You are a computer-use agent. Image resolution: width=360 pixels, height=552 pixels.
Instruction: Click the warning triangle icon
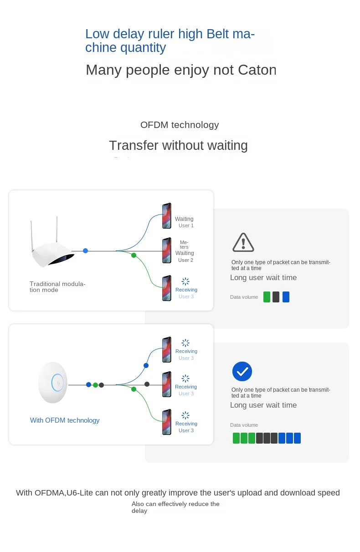(x=243, y=242)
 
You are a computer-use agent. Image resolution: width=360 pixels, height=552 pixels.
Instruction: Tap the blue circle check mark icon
(x=242, y=371)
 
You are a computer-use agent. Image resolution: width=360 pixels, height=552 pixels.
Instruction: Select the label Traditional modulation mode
(x=57, y=287)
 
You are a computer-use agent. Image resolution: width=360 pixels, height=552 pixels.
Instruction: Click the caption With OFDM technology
(x=65, y=420)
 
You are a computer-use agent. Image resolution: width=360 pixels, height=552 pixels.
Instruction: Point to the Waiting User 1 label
(x=184, y=222)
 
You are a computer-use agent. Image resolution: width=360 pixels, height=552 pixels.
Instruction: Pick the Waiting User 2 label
(x=185, y=256)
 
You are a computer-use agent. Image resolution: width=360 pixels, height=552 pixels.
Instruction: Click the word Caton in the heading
(x=257, y=70)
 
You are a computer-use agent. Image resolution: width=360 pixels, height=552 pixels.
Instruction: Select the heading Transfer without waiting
(x=178, y=145)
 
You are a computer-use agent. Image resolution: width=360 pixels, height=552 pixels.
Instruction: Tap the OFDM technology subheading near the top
(x=180, y=125)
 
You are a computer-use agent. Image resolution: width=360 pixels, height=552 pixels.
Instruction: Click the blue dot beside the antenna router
(x=85, y=250)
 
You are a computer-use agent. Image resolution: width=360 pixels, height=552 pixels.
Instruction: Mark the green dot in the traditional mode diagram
(x=134, y=255)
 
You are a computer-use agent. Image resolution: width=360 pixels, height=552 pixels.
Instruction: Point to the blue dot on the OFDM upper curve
(x=146, y=365)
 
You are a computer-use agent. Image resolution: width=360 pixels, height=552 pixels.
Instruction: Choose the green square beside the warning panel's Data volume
(x=267, y=296)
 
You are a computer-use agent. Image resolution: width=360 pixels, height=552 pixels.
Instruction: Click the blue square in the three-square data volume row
(x=286, y=296)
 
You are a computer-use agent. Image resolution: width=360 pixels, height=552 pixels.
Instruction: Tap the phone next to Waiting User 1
(x=167, y=215)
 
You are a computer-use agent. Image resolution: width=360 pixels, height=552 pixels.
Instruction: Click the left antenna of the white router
(x=32, y=236)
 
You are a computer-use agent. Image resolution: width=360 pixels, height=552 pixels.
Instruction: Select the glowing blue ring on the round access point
(x=57, y=383)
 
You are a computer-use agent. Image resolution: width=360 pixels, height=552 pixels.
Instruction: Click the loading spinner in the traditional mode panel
(x=185, y=281)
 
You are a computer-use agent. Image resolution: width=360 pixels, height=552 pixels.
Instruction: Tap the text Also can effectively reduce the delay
(x=175, y=507)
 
